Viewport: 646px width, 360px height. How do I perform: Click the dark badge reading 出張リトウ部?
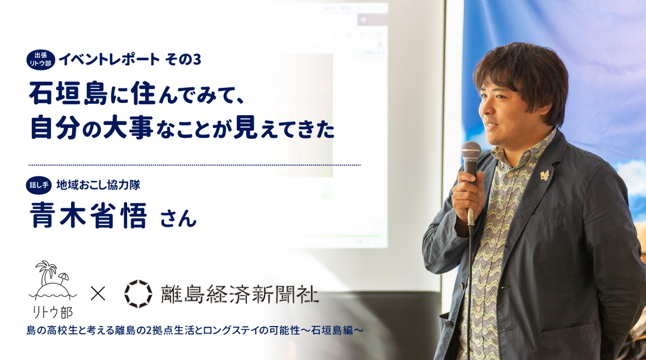pos(41,60)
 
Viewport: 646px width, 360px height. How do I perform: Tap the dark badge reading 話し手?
pos(39,185)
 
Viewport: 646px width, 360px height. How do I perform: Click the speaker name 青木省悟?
pos(88,216)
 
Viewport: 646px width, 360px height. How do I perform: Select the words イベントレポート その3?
pos(130,59)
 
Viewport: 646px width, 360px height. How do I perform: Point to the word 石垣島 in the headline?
pos(68,94)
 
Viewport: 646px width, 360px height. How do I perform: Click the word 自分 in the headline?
pos(55,127)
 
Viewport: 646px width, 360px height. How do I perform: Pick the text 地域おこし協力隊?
pos(99,185)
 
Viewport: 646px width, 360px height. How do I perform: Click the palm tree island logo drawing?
pos(53,280)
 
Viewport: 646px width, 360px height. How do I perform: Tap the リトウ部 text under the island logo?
pos(53,312)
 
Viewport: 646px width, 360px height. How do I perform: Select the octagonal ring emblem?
pos(138,294)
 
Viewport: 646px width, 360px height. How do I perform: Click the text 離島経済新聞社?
pos(240,294)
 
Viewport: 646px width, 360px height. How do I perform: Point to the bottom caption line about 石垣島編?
pos(195,330)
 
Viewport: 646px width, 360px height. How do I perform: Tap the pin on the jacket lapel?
pos(544,175)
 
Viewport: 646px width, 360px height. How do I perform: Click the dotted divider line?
pos(194,165)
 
